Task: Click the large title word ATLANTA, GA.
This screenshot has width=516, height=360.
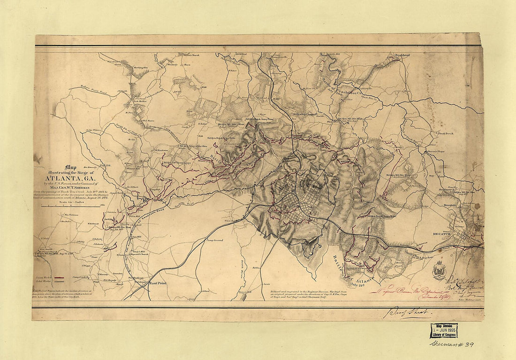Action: click(70, 177)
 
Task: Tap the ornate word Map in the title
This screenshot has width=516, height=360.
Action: click(71, 166)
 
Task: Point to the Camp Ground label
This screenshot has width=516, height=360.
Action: click(214, 240)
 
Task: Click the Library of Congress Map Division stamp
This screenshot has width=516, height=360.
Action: click(444, 330)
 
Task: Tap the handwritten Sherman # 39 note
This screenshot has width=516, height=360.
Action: click(452, 345)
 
